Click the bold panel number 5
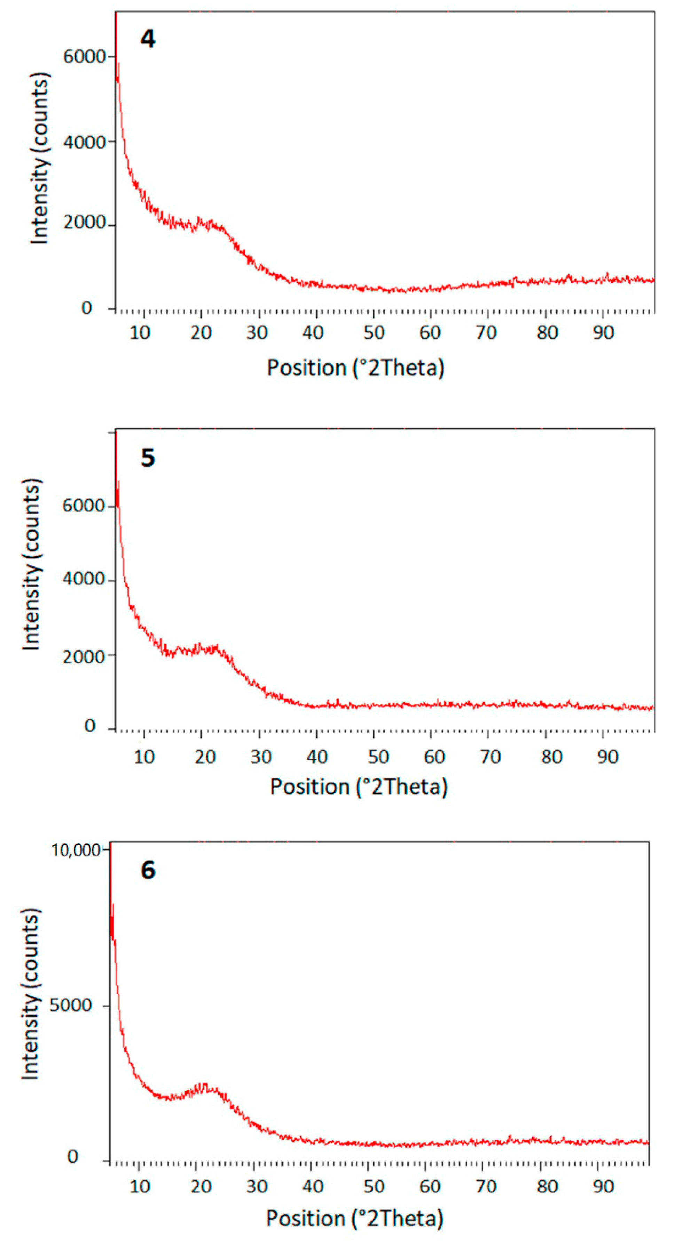coord(148,458)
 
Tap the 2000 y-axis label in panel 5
coord(84,656)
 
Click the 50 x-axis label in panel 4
coord(374,333)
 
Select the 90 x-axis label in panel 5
coord(607,757)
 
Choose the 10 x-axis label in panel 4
coord(140,333)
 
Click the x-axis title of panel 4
coord(355,368)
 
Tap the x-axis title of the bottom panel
coord(354,1218)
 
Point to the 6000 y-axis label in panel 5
coord(84,506)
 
